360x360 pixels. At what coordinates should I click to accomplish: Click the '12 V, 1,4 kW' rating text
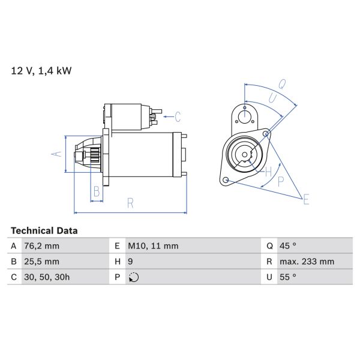point(41,71)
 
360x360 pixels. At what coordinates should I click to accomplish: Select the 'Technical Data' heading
point(44,230)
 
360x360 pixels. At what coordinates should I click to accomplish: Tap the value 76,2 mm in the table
point(42,246)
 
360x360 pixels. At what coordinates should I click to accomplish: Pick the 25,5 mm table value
point(42,262)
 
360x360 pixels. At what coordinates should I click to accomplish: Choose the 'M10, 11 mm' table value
point(153,246)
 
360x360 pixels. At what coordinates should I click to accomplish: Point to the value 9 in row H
point(131,262)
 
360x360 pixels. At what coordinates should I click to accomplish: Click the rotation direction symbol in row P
point(133,277)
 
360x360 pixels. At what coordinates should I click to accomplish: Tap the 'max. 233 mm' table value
point(307,262)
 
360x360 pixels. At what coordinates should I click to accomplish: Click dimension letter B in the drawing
point(95,191)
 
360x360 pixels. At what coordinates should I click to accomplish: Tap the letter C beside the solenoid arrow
point(178,115)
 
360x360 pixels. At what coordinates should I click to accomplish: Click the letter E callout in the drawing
point(306,199)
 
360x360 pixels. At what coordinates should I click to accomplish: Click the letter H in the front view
point(268,172)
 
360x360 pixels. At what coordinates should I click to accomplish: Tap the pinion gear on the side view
point(92,154)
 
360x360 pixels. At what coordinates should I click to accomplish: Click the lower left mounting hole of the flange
point(225,180)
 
